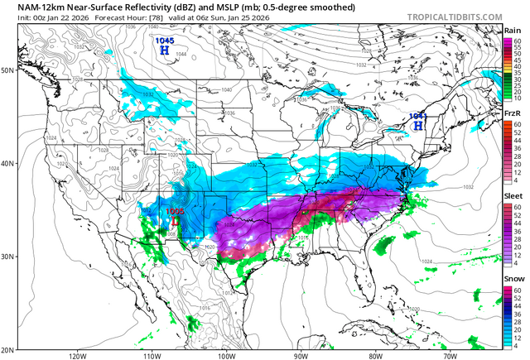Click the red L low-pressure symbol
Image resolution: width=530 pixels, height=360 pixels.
(175, 221)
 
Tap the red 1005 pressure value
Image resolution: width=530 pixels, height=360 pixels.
(175, 212)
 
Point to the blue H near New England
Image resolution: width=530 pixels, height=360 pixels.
(419, 126)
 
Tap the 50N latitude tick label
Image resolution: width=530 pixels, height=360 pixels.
(7, 70)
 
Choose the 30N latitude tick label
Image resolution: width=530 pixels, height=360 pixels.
(7, 257)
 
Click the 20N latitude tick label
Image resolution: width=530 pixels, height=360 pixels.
(7, 349)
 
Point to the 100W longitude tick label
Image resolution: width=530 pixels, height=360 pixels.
(225, 356)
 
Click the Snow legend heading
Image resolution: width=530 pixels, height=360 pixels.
(513, 279)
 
